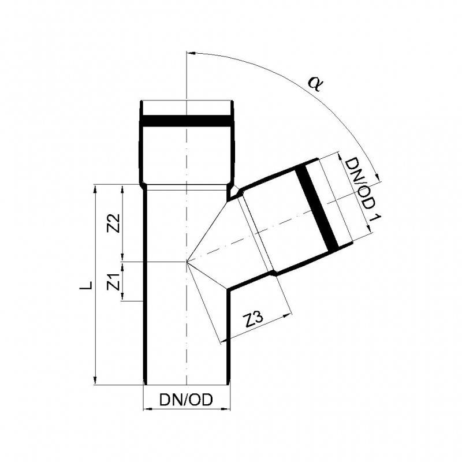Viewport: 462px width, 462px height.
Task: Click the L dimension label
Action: click(86, 285)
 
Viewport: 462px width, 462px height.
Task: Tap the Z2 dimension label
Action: click(114, 223)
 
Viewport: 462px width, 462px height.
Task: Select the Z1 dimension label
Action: click(114, 282)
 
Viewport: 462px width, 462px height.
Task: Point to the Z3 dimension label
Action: click(254, 321)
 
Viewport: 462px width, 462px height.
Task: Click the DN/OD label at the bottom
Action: click(186, 400)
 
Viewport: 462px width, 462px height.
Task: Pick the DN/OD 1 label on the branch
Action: click(363, 189)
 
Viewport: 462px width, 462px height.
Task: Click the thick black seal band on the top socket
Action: click(187, 121)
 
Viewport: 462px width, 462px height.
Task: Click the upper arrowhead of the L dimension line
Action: click(95, 189)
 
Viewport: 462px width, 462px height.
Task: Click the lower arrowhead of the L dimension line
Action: click(95, 381)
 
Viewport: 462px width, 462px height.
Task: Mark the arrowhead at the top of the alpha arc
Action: click(191, 53)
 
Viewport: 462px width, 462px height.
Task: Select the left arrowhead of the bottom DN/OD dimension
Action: click(147, 409)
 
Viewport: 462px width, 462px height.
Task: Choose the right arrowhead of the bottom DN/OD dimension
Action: click(226, 409)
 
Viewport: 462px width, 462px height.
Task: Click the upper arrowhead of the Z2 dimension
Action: click(122, 189)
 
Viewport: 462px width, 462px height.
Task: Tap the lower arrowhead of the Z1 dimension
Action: click(122, 296)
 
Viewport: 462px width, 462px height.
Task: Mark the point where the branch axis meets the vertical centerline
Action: click(187, 262)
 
